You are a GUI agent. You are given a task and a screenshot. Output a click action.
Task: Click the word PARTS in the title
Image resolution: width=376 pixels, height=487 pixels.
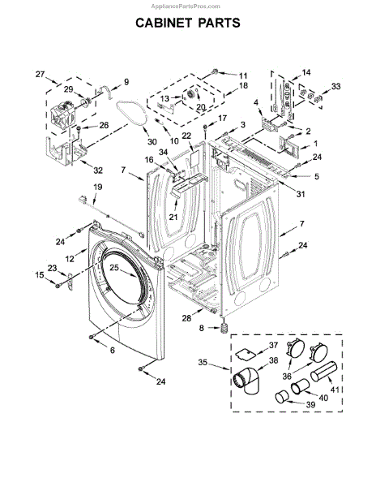[x=219, y=23]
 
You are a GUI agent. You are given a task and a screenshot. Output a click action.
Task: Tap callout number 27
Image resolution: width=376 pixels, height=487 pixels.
[x=40, y=74]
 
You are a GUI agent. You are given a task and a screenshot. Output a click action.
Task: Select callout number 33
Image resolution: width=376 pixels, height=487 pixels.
[x=335, y=86]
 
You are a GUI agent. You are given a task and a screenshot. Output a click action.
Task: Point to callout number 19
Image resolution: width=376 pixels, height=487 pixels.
[x=97, y=187]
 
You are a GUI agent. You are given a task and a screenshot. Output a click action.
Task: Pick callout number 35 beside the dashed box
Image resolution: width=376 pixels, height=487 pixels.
[x=203, y=363]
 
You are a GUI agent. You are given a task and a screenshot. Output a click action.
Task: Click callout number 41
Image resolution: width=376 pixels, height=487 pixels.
[x=335, y=390]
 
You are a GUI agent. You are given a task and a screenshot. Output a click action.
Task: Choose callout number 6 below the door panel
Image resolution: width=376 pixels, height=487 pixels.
[x=112, y=350]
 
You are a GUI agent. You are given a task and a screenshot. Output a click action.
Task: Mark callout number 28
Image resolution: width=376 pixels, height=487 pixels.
[x=186, y=318]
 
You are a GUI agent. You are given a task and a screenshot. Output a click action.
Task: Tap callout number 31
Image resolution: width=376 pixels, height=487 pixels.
[x=301, y=194]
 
